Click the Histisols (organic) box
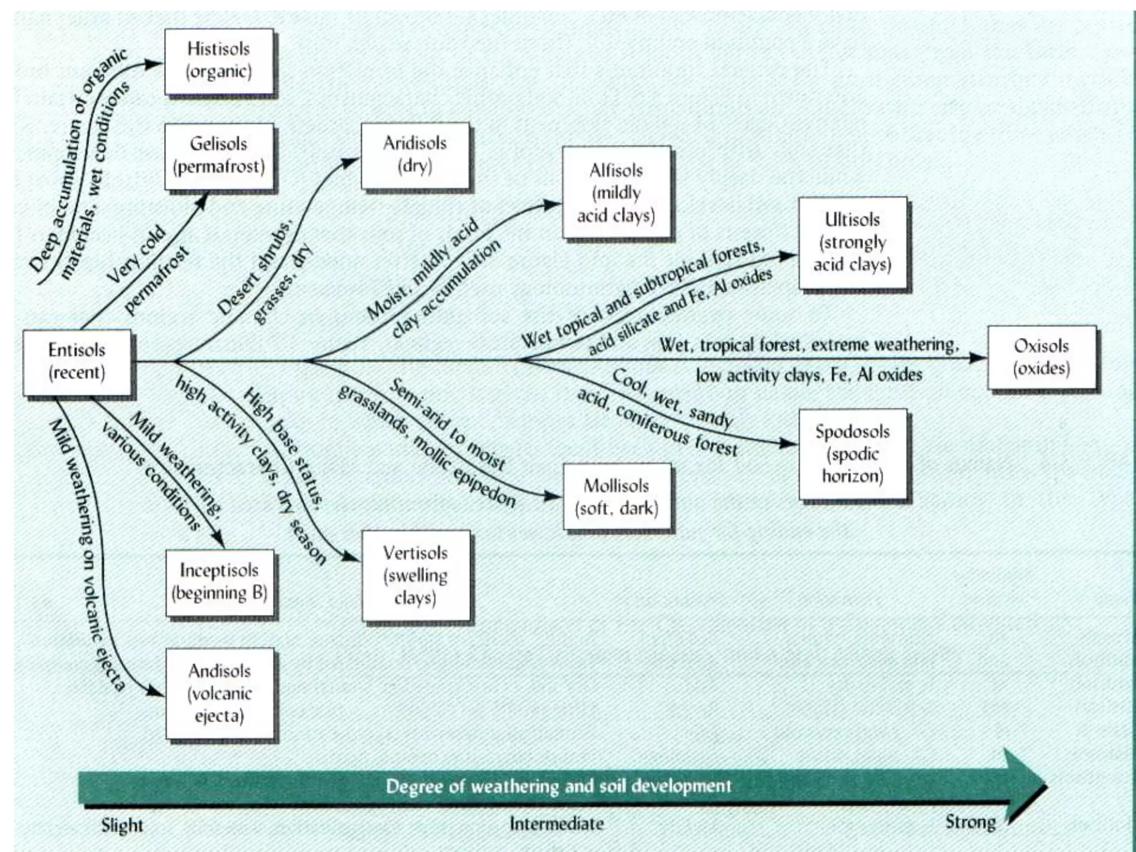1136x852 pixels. (219, 62)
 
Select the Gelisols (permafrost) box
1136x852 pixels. (219, 156)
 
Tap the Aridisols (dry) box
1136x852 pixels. (415, 155)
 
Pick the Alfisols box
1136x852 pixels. (616, 192)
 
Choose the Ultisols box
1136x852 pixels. (853, 242)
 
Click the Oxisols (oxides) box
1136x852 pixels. (1041, 358)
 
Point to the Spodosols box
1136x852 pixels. (853, 454)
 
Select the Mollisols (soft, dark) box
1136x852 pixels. (617, 497)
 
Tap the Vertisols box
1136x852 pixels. (415, 576)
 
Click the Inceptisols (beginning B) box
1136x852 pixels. (220, 582)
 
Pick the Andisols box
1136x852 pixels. (220, 693)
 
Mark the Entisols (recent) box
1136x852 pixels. (77, 362)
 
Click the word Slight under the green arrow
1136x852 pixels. (122, 825)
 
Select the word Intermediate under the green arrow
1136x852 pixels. (556, 824)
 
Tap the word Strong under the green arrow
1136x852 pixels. (970, 821)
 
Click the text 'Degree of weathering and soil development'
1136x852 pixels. (559, 786)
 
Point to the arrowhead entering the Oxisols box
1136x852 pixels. (978, 358)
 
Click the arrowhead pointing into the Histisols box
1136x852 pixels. (154, 63)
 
